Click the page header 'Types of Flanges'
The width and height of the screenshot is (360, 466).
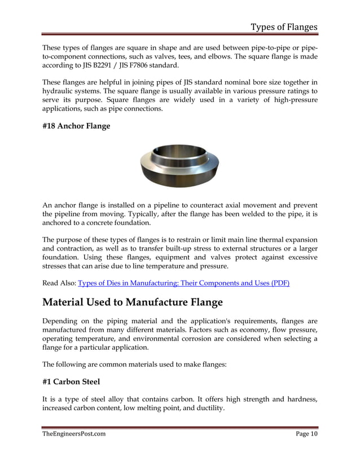pyautogui.click(x=284, y=27)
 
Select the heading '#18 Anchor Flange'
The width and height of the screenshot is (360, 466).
pyautogui.click(x=76, y=126)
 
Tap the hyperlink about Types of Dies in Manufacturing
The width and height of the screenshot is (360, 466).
pyautogui.click(x=183, y=283)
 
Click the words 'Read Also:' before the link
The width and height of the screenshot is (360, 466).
pyautogui.click(x=59, y=283)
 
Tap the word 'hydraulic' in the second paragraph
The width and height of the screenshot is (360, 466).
pyautogui.click(x=60, y=90)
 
